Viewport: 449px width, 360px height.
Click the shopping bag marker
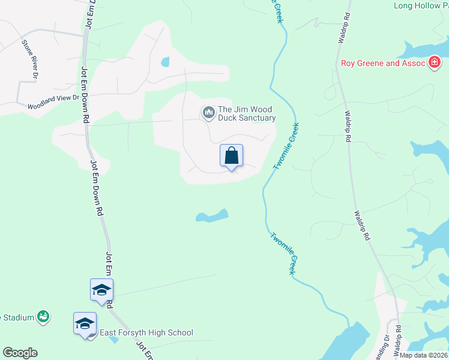pos(231,156)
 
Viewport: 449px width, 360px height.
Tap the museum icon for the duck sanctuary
pos(208,112)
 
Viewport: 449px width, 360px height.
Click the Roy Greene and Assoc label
pos(382,62)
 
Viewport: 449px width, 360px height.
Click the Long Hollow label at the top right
pos(421,6)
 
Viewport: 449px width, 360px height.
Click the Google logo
pos(20,353)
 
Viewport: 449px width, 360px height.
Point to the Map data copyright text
pos(423,355)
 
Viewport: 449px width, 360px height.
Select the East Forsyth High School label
pos(146,332)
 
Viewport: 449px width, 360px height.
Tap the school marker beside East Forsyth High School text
pos(85,323)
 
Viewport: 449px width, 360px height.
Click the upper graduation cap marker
pos(101,290)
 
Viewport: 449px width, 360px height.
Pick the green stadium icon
pos(43,316)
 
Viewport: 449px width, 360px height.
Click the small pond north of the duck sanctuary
pos(164,61)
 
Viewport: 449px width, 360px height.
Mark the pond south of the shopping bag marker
pos(212,215)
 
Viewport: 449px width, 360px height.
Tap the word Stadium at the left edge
pos(17,316)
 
